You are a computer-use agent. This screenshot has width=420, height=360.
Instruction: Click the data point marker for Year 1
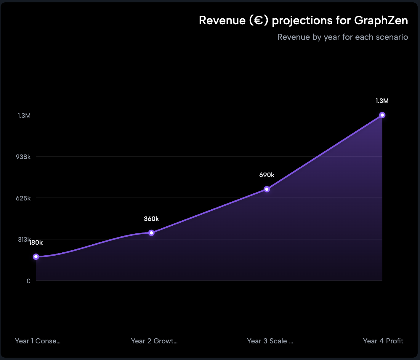[x=36, y=257]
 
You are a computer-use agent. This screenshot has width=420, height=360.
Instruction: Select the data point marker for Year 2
[x=151, y=233]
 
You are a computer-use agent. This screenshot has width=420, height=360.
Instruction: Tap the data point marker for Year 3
[x=267, y=189]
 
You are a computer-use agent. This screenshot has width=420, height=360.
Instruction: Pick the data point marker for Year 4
[x=382, y=115]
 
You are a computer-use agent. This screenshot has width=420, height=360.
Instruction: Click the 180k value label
[x=36, y=243]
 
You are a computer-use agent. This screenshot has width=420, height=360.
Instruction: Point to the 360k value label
[x=151, y=219]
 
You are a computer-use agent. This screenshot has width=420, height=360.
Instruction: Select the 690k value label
[x=267, y=175]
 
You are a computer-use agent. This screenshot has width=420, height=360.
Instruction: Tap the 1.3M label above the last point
[x=382, y=101]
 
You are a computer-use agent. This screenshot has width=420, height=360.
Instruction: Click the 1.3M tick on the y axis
[x=24, y=115]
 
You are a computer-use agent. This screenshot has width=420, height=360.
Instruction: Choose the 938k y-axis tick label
[x=23, y=157]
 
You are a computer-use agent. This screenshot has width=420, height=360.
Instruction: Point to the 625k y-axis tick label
[x=23, y=198]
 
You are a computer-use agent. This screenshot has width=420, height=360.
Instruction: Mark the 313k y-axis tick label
[x=24, y=239]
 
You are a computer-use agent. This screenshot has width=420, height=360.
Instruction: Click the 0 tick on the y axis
[x=28, y=281]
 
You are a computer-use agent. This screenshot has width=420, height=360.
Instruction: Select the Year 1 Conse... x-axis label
[x=38, y=341]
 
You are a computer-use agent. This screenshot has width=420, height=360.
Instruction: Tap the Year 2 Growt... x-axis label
[x=154, y=341]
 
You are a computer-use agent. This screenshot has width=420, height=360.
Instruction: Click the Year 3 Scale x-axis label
[x=270, y=341]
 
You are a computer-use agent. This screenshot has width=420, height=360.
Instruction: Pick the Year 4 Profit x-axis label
[x=383, y=341]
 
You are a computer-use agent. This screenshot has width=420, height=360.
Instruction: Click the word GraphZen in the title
[x=381, y=20]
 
